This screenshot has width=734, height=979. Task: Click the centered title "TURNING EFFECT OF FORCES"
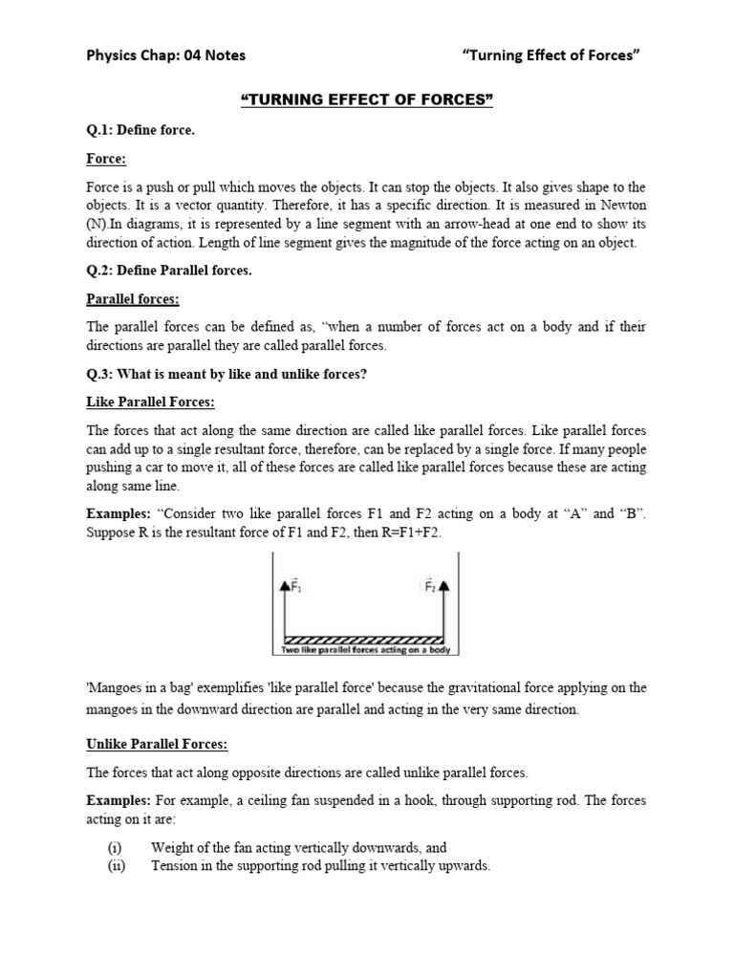point(366,99)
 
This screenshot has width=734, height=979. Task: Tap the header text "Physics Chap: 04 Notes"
point(166,54)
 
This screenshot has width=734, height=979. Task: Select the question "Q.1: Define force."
point(140,130)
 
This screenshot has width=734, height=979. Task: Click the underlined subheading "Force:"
point(106,159)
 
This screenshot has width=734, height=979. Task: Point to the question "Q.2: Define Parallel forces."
point(169,271)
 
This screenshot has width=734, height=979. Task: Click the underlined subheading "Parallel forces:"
point(133,299)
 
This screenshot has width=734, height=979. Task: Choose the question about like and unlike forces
point(227,374)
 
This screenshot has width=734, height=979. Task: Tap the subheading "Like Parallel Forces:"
point(151,402)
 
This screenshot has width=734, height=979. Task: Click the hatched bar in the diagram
point(364,640)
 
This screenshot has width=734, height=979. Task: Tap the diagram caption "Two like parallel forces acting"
point(364,650)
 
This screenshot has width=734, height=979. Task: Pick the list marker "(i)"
point(114,847)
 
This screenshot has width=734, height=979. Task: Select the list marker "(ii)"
point(116,865)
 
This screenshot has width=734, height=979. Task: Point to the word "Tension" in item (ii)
point(177,865)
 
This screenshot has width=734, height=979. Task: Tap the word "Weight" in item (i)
point(173,847)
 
